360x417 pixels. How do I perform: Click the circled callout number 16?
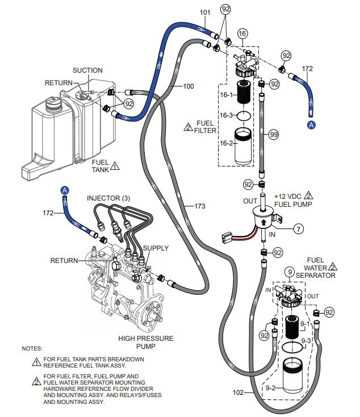[x=242, y=34]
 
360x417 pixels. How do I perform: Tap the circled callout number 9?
[x=290, y=273]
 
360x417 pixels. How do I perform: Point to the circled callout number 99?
[x=274, y=134]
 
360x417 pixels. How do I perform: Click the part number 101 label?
[x=205, y=12]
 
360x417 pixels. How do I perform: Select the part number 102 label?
[x=238, y=392]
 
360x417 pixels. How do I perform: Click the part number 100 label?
[x=188, y=86]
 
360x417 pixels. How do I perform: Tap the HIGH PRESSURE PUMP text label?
[x=146, y=343]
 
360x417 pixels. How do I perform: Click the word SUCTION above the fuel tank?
[x=87, y=70]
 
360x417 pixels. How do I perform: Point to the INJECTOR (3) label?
[x=108, y=198]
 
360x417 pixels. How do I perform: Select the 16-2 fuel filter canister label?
[x=227, y=144]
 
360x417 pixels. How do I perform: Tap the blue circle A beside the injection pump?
[x=65, y=190]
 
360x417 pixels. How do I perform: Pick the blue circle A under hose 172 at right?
[x=311, y=123]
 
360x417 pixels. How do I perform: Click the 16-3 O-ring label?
[x=227, y=115]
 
